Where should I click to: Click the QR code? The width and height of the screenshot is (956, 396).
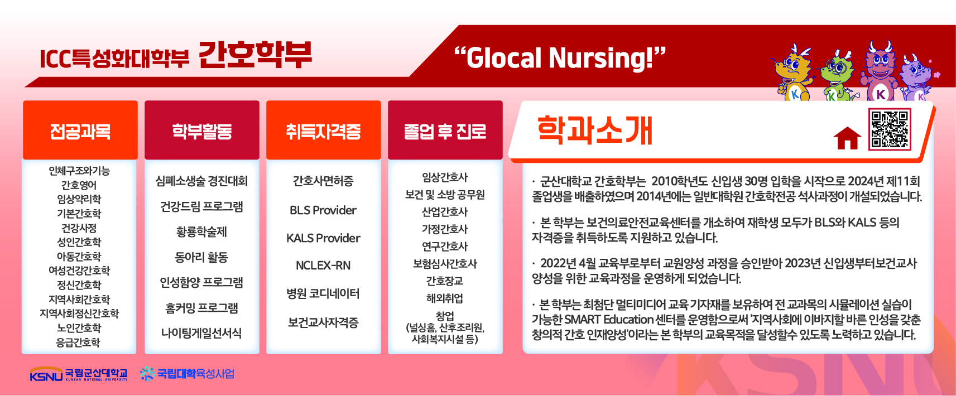coord(890,129)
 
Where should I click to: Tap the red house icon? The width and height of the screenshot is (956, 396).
coord(847,138)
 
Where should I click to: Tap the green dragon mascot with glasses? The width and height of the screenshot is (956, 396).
coord(837,77)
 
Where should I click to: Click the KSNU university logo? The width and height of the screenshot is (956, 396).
coord(79,374)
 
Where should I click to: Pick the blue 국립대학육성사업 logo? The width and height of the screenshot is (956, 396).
coord(187,374)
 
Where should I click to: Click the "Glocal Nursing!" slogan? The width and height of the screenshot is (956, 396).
coord(560,58)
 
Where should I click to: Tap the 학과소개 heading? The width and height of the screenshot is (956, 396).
coord(594,131)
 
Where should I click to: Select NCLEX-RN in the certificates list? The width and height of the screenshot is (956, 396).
coord(323,265)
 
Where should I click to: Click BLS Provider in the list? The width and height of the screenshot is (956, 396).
coord(323,210)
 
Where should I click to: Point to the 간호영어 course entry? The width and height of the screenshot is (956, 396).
coord(79,185)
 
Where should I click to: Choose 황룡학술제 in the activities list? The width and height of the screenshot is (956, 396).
coord(201,231)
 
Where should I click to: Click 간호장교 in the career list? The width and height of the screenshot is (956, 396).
coord(445,281)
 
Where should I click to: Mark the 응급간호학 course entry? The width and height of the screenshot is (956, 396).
coord(78,342)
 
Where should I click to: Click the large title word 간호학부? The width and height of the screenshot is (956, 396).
coord(255,55)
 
